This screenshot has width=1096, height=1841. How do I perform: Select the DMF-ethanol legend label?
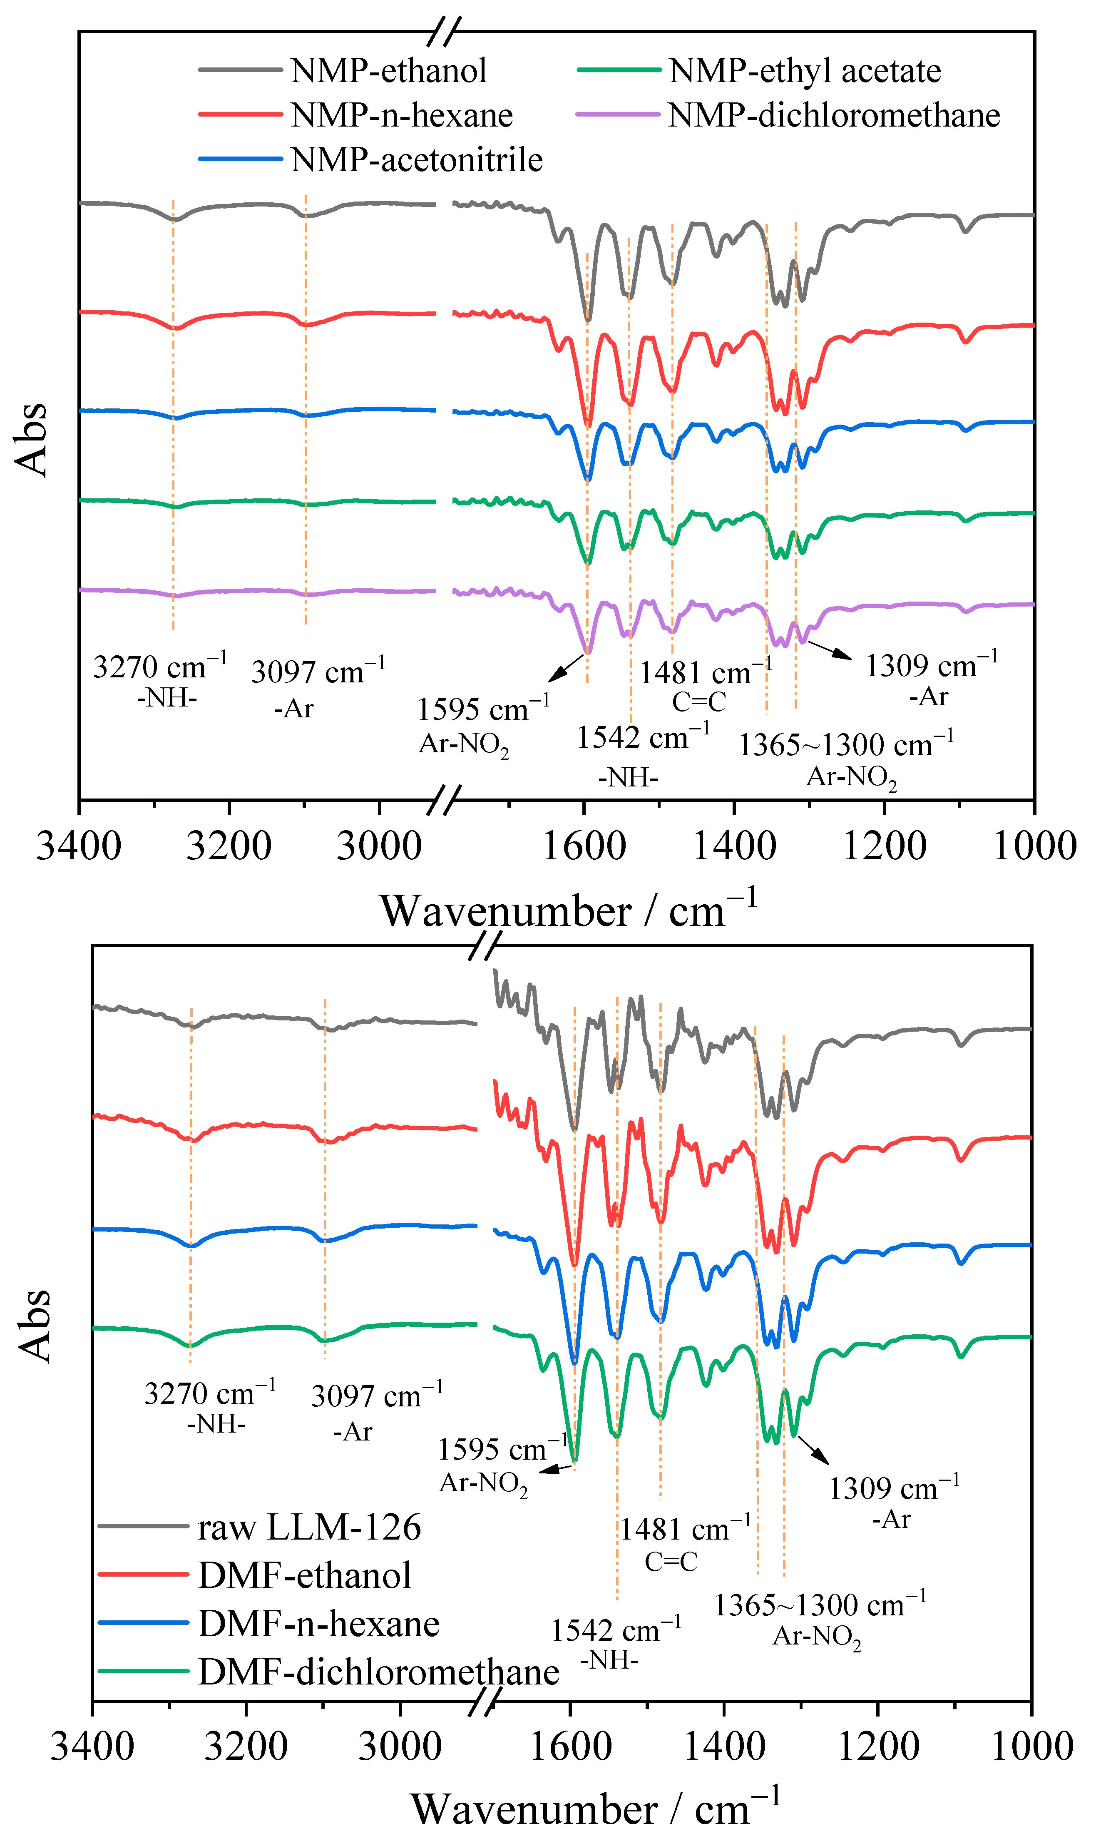(304, 1575)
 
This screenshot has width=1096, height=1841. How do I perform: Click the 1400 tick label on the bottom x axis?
(725, 1746)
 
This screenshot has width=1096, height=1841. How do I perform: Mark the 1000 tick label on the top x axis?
(1034, 846)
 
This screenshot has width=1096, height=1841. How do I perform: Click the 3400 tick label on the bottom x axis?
(92, 1746)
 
